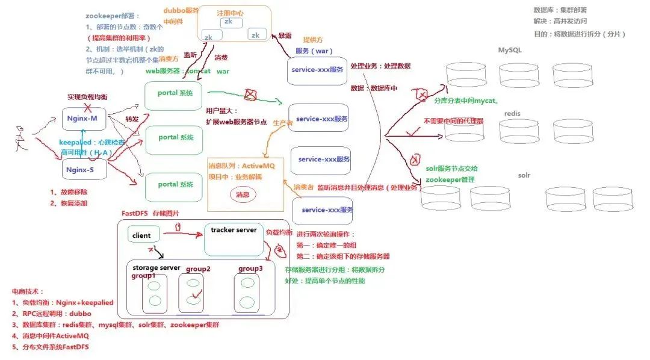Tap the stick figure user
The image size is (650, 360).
pyautogui.click(x=20, y=138)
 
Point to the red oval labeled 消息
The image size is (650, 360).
pyautogui.click(x=244, y=194)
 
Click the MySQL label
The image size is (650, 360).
pyautogui.click(x=509, y=50)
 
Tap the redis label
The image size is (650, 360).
pyautogui.click(x=512, y=113)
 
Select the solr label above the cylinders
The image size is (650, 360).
pyautogui.click(x=524, y=175)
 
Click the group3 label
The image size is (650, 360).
pyautogui.click(x=250, y=268)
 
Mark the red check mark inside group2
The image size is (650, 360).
pyautogui.click(x=193, y=296)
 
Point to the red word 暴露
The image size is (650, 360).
pyautogui.click(x=285, y=36)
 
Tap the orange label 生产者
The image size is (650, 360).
pyautogui.click(x=283, y=122)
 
